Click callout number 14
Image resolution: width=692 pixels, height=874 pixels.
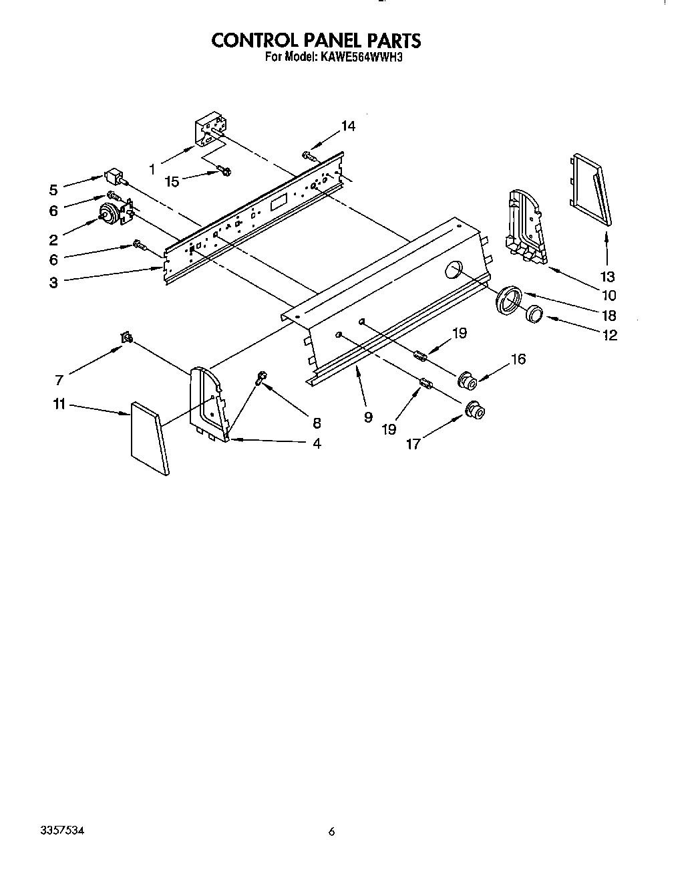pyautogui.click(x=348, y=126)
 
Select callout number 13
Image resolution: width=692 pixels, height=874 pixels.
pyautogui.click(x=607, y=276)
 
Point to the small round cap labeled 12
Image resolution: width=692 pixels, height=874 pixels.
pyautogui.click(x=534, y=313)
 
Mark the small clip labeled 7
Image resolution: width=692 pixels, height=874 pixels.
pyautogui.click(x=126, y=340)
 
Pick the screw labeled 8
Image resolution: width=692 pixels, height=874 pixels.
pyautogui.click(x=261, y=379)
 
